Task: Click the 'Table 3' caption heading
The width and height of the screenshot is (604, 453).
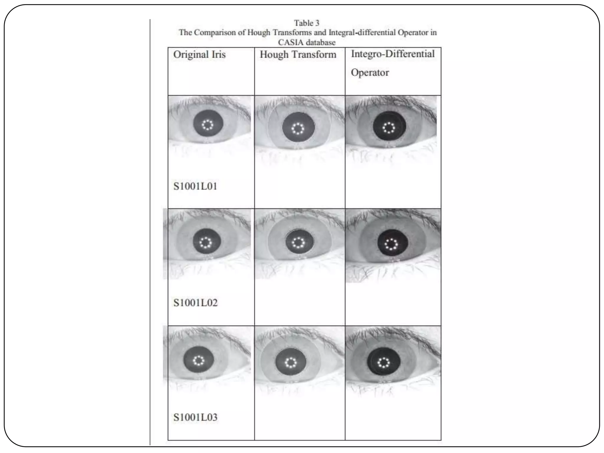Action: click(x=306, y=23)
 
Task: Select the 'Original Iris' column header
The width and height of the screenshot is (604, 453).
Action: click(x=199, y=55)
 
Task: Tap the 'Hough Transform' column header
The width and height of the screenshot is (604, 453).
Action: click(x=298, y=55)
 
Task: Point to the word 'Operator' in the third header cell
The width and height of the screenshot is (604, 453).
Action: click(x=370, y=73)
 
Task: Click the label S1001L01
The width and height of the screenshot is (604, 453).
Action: click(x=195, y=186)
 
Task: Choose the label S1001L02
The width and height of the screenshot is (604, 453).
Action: click(x=195, y=303)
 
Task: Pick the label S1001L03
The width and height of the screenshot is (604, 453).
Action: click(x=195, y=417)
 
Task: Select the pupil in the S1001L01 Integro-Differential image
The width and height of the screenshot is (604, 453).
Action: click(x=389, y=127)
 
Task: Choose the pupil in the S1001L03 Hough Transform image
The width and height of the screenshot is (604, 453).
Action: click(x=291, y=362)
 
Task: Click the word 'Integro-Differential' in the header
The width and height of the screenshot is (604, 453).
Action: click(x=393, y=54)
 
